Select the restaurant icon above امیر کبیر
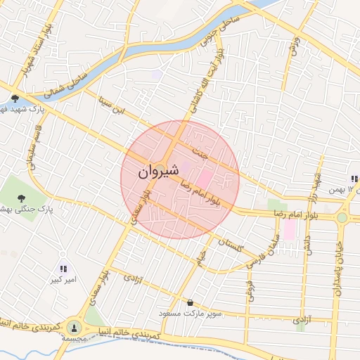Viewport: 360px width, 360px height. [x=63, y=268]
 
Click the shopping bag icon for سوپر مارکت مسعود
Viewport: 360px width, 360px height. [x=189, y=303]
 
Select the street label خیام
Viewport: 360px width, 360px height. [x=202, y=254]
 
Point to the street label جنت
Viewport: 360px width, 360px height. [x=201, y=150]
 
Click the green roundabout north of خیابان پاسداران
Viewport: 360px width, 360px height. [x=342, y=217]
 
